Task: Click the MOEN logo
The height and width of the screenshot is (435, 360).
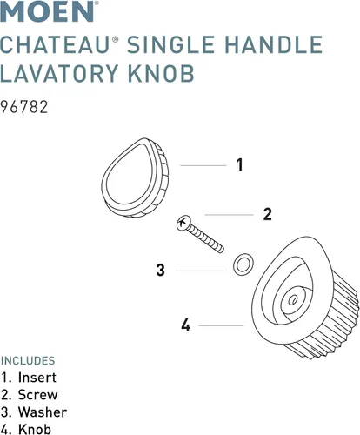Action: (48, 11)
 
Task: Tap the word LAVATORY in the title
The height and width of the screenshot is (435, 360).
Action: (59, 73)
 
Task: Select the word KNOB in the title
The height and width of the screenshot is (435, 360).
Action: (161, 73)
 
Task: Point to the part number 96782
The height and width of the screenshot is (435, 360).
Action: (24, 107)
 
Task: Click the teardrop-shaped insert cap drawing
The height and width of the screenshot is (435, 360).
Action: (135, 177)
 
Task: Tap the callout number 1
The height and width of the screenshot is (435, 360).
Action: (239, 164)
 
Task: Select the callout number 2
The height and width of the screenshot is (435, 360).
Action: (267, 214)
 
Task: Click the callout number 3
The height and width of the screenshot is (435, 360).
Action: (161, 270)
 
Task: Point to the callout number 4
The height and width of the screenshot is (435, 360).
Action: (186, 325)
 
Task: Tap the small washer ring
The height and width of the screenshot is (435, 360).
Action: (243, 264)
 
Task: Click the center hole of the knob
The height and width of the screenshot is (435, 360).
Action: (293, 299)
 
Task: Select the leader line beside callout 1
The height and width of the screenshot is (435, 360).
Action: (203, 165)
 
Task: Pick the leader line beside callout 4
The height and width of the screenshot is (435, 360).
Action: (222, 325)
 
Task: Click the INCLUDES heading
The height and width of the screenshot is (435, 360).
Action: (28, 361)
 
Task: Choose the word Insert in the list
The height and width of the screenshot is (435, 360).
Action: (37, 378)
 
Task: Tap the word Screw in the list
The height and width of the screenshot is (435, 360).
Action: (38, 395)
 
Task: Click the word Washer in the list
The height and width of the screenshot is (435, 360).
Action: (43, 412)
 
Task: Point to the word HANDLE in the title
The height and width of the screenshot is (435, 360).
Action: (274, 44)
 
